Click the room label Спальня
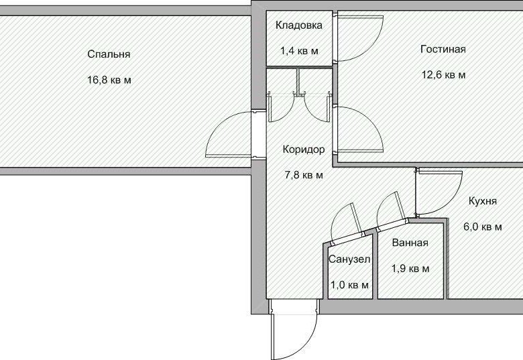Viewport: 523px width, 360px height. [109, 54]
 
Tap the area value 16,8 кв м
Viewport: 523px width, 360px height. [109, 80]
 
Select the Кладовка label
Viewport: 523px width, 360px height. [299, 25]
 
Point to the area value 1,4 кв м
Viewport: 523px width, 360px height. [299, 51]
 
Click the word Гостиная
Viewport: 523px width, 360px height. [443, 49]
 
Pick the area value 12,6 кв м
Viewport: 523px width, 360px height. [443, 74]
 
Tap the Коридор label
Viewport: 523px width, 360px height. [304, 149]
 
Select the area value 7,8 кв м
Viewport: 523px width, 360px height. [304, 175]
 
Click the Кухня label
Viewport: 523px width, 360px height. [483, 201]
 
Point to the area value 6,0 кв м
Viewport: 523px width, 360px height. [483, 227]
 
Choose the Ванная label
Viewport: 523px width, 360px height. [410, 242]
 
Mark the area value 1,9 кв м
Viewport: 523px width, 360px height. [410, 268]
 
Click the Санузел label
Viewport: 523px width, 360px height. [349, 259]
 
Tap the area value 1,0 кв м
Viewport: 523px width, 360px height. [349, 285]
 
